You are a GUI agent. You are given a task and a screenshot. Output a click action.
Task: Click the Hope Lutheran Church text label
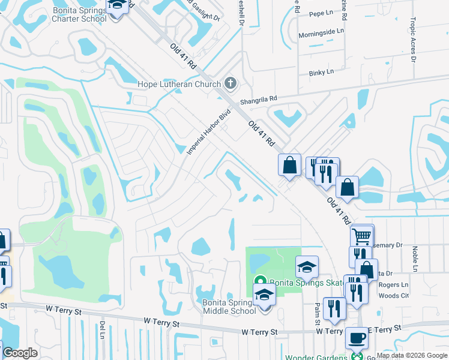click(179, 85)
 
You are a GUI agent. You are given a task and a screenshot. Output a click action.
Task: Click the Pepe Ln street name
click(321, 13)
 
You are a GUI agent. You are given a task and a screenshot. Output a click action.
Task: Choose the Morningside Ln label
click(322, 31)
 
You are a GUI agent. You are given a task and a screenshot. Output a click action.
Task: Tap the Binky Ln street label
click(321, 73)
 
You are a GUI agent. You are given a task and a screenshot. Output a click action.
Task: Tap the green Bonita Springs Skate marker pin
click(261, 281)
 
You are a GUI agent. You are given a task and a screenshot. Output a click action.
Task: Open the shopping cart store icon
click(362, 236)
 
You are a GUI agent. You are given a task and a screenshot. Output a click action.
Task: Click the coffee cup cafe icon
click(357, 338)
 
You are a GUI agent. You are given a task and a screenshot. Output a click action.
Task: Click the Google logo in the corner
click(20, 353)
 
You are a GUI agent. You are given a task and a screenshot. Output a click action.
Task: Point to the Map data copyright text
click(412, 356)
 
